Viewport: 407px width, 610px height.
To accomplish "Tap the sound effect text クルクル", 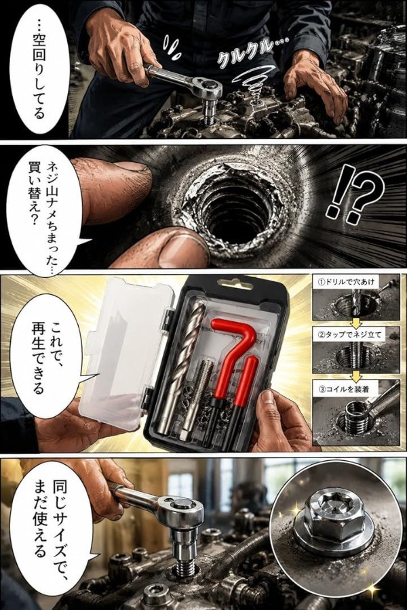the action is click(x=249, y=52).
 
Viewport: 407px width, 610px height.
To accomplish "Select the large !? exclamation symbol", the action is click(x=353, y=191).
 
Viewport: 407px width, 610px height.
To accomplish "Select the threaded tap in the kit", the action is click(x=195, y=396).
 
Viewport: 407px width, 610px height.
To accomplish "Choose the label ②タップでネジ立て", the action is click(x=350, y=334).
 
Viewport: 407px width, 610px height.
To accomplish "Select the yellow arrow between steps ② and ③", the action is click(x=355, y=375).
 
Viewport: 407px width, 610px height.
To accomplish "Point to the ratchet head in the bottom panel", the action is click(x=182, y=510).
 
